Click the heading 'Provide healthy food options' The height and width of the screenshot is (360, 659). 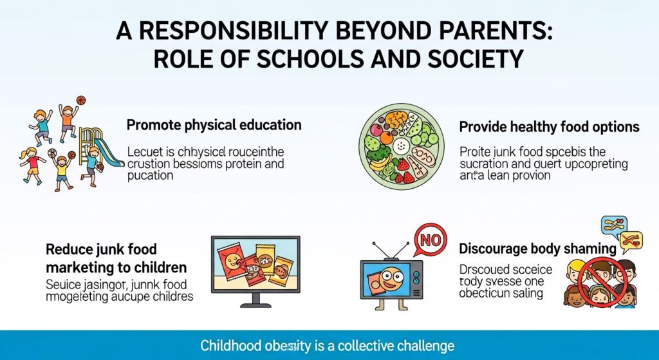(x=549, y=126)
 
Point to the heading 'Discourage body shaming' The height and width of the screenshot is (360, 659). (x=537, y=249)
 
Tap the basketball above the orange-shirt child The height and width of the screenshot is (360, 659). (x=80, y=100)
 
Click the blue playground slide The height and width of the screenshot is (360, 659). (x=113, y=155)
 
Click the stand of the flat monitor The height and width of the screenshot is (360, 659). (x=257, y=300)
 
